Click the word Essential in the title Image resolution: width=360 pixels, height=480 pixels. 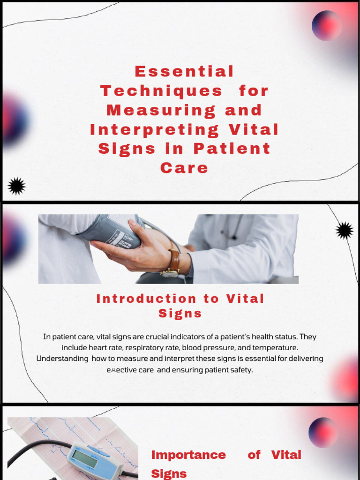184,72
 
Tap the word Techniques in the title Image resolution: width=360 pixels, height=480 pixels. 161,91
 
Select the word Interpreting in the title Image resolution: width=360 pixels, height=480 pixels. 155,129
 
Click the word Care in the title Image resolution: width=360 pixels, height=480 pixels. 184,168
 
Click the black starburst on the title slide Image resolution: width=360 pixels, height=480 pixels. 17,186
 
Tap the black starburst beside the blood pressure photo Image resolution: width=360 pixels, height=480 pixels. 345,230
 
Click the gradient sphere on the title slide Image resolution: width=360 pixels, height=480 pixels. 327,25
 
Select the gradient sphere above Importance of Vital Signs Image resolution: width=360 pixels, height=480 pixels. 323,432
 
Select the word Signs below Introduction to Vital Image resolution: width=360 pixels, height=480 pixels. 180,314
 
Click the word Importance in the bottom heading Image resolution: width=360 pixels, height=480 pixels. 188,455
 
